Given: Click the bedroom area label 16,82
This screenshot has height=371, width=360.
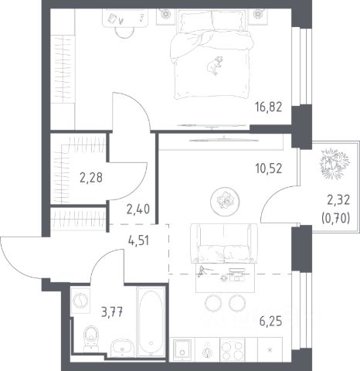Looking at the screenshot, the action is coord(269,107).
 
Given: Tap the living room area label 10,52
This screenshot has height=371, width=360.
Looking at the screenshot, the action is coord(269,168).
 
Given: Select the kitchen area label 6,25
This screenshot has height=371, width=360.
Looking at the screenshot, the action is coord(270,322).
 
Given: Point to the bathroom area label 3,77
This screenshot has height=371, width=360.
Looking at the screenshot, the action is coord(112,313).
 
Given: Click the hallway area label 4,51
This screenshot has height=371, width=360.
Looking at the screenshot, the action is coord(138,241).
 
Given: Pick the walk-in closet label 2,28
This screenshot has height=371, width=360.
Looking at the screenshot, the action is coord(91,178).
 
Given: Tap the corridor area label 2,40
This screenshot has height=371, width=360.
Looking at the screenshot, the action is coord(138,209).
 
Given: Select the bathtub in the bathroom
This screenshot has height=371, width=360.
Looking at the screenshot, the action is coord(151,322).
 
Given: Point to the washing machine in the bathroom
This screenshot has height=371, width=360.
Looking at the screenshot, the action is coord(80,300).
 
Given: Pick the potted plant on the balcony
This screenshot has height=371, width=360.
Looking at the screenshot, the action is coord(335,163).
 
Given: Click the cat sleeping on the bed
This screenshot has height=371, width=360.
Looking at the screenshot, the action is coord(215,66).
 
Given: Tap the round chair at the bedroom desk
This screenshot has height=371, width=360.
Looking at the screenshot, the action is coord(124,32).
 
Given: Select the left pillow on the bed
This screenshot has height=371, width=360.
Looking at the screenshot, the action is coord(195,21).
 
